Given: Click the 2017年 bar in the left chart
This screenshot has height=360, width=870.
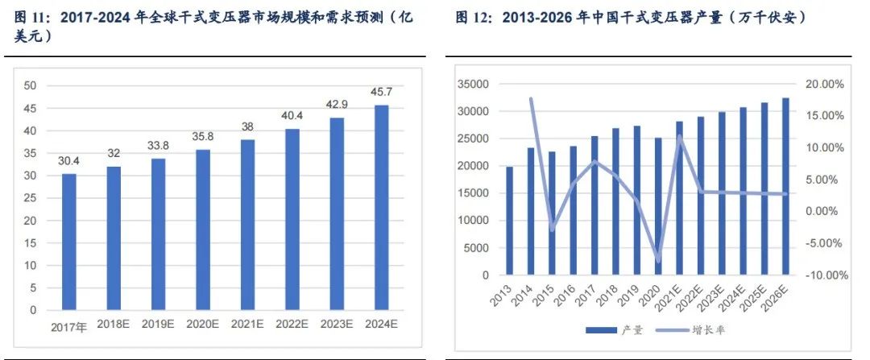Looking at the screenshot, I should click(69, 242).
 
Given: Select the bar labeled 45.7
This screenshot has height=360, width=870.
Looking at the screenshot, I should click(381, 207).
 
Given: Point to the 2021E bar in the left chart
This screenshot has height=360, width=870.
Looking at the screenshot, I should click(248, 225).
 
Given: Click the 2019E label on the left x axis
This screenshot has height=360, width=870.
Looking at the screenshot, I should click(159, 325).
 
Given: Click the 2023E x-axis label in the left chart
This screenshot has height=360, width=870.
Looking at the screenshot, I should click(337, 325).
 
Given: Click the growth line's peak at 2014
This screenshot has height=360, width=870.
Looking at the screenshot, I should click(531, 99).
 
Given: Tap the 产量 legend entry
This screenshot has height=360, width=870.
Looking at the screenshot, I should click(611, 329).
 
